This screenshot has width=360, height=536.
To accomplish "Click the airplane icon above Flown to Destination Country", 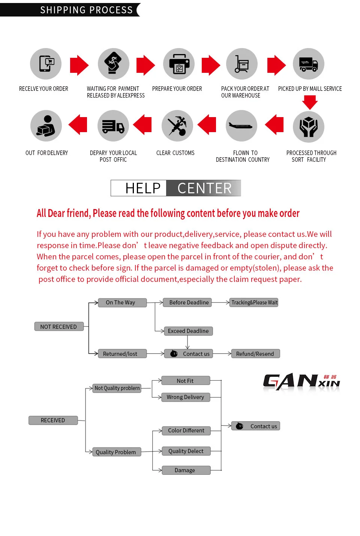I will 241,126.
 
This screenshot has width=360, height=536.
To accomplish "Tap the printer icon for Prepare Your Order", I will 179,64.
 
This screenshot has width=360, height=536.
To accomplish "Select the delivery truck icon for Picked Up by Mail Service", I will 308,64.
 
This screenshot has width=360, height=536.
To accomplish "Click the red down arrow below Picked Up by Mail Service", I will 310,102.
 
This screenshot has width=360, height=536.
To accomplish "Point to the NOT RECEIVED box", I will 59,327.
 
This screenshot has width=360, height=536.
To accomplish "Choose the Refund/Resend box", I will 255,354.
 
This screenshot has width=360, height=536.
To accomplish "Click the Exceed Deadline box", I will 188,331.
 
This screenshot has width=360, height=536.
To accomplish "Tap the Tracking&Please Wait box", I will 254,303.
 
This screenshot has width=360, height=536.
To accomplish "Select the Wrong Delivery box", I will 185,397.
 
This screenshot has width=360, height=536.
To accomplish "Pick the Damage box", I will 185,470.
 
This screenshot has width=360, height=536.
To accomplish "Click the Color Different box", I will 186,431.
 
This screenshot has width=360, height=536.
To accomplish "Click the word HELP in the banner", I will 143,188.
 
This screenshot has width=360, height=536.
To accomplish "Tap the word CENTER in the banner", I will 204,188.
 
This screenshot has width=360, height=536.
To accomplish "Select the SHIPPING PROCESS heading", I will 86,10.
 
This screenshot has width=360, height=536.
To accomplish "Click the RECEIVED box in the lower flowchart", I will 53,420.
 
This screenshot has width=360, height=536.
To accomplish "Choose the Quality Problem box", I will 116,452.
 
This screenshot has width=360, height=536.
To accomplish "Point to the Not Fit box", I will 185,381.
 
